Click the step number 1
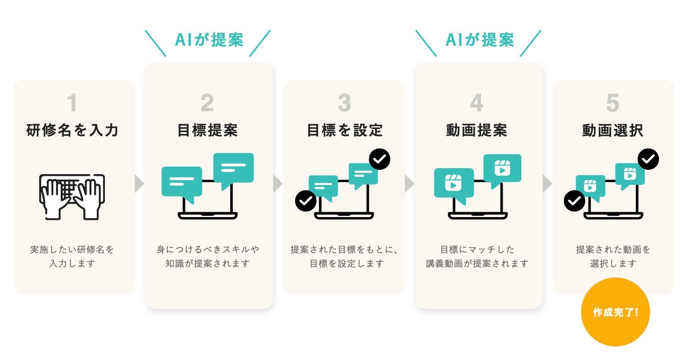(73, 103)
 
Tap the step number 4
(477, 103)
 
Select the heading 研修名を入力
(73, 131)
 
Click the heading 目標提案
(207, 131)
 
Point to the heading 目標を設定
(345, 131)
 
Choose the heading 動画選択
(613, 131)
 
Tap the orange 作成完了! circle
(615, 312)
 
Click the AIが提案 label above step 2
(209, 40)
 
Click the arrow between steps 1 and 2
(140, 183)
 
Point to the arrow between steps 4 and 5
(547, 183)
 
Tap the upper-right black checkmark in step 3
(379, 159)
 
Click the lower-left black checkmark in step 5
(574, 201)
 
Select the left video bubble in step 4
(454, 184)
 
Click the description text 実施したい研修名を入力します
(73, 256)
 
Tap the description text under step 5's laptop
(613, 256)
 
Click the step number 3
(344, 103)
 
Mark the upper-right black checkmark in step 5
(648, 159)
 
